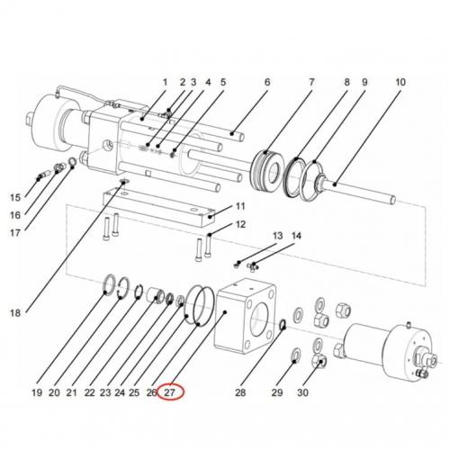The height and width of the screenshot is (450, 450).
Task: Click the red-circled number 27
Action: point(169,392)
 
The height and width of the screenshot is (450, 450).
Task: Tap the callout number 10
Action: point(400,83)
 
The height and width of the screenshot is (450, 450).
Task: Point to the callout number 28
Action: point(239,392)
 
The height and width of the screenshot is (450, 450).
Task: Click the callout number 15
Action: point(14,197)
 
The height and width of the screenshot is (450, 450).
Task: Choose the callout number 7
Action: point(312,83)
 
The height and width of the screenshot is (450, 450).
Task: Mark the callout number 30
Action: point(302,392)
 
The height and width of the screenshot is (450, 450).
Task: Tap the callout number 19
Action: point(37,392)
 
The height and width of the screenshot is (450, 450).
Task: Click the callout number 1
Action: point(165,83)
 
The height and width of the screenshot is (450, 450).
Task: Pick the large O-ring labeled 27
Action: point(202,305)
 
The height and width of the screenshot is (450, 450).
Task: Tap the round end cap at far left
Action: point(40,121)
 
